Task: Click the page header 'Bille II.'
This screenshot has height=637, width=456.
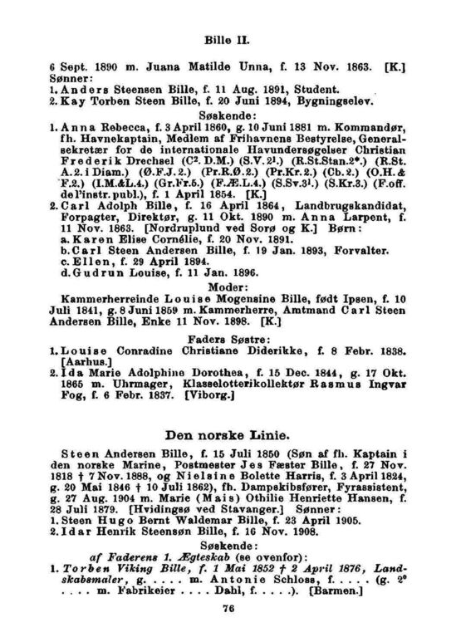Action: tap(228, 38)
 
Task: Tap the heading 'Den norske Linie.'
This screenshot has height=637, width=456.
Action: tap(228, 433)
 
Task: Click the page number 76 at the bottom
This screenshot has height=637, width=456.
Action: tap(228, 608)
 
